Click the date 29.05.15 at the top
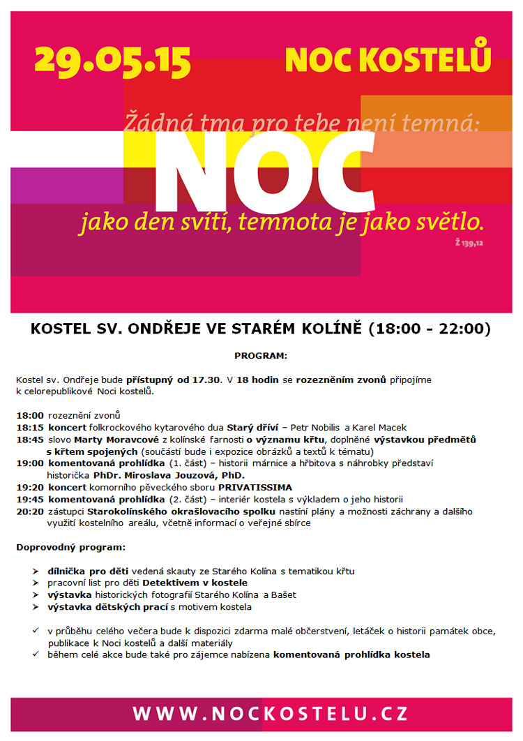[x=112, y=61]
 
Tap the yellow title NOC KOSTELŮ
[x=388, y=60]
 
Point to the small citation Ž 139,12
[x=469, y=243]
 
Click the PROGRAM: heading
[x=260, y=355]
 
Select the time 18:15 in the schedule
[x=30, y=427]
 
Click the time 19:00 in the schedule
[x=30, y=463]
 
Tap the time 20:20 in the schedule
[x=30, y=511]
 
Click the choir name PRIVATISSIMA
[x=255, y=487]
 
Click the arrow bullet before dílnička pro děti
[x=36, y=571]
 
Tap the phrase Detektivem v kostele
[x=195, y=583]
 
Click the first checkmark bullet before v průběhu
[x=36, y=631]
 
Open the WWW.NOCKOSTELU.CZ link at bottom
[x=270, y=714]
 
